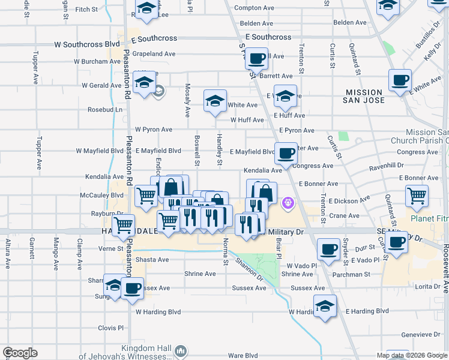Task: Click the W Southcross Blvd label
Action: [x=87, y=44]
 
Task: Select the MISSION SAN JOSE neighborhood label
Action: [x=364, y=96]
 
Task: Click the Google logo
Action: [x=20, y=353]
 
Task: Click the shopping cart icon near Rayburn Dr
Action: [x=123, y=226]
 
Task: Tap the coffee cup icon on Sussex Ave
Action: [x=133, y=288]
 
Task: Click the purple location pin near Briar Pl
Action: [x=288, y=204]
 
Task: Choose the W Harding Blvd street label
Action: [x=158, y=312]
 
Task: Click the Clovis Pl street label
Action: [x=111, y=328]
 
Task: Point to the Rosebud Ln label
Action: [x=105, y=110]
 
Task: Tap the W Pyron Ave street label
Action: [x=153, y=129]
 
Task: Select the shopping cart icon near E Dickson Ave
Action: [x=417, y=195]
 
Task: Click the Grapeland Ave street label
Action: [x=150, y=54]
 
